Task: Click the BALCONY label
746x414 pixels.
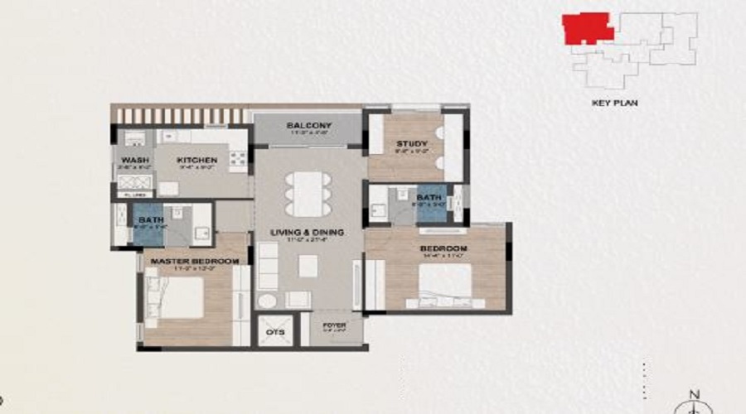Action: [x=309, y=125]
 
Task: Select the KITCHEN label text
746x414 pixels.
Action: [x=196, y=160]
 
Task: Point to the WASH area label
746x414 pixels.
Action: [x=134, y=160]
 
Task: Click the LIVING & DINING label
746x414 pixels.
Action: [x=311, y=232]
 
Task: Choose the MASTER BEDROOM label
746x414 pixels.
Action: [x=194, y=261]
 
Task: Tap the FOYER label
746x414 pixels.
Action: [x=335, y=325]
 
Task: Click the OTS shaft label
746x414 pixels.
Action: [x=274, y=333]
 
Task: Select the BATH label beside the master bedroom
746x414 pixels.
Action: [x=151, y=219]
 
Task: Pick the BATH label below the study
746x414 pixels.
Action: [x=429, y=197]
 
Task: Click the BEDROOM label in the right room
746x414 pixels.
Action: [x=444, y=249]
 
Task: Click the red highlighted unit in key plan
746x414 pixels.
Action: [x=586, y=27]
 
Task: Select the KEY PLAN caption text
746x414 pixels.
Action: [x=614, y=103]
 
